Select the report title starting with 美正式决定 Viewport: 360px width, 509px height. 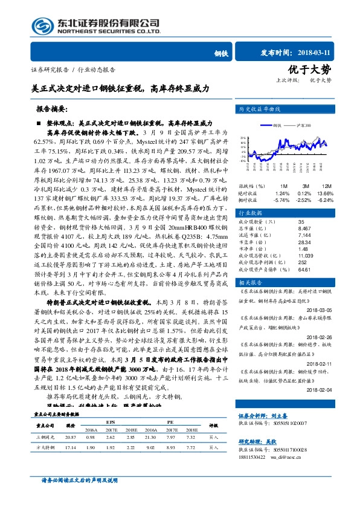click(121, 88)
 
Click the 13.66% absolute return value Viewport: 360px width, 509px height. click(326, 192)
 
